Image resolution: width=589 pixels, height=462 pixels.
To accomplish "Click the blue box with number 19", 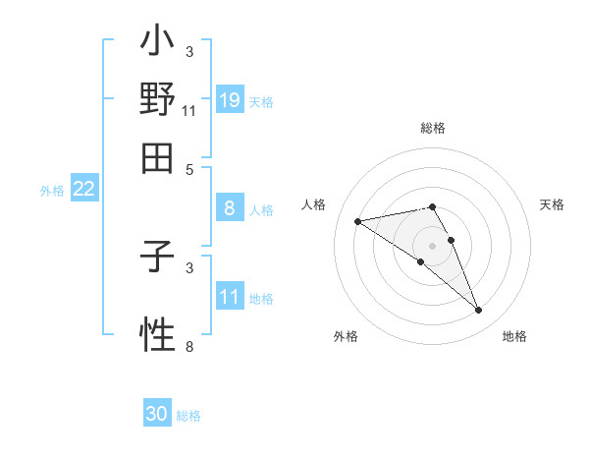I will point(230,99).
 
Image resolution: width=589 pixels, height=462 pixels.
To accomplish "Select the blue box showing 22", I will point(83,190).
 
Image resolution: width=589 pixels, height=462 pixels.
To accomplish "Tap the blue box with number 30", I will point(157,414).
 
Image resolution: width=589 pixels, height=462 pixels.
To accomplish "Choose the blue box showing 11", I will point(230,297).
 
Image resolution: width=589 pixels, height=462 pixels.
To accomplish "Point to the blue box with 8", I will point(230,208).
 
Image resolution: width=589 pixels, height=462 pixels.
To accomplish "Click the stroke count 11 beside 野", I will point(188,110).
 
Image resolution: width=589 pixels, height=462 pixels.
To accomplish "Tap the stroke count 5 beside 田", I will point(189,168).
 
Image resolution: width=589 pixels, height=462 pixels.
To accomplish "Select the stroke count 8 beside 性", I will point(189,346).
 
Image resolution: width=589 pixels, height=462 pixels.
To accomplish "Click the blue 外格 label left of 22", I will point(52,191).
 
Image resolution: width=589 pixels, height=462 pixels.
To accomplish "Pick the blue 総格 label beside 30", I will point(188,416).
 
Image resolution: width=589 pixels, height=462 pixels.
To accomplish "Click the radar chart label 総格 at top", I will point(433,128).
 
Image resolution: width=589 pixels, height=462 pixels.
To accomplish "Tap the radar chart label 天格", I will point(552,204).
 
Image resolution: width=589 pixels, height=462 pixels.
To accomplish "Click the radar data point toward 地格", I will point(479,311).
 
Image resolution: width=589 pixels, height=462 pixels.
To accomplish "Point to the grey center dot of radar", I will point(432,245).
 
